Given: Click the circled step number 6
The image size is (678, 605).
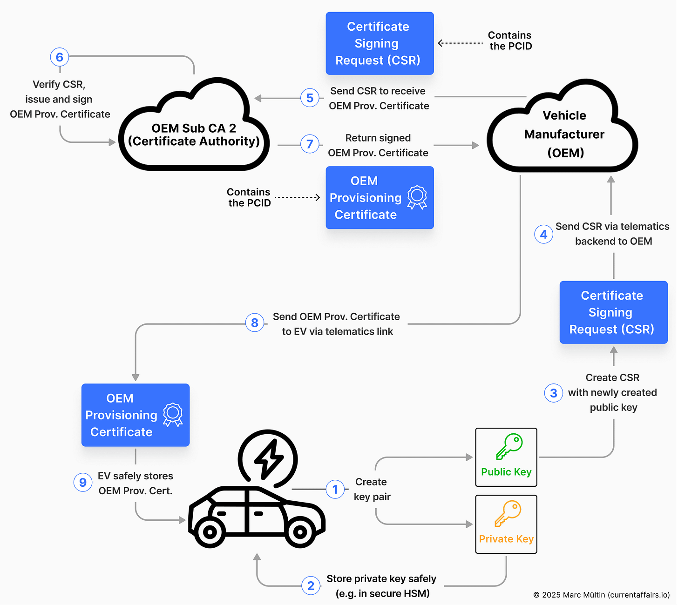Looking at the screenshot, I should [x=60, y=57].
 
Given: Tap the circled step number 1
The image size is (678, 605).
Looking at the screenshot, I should [x=335, y=489].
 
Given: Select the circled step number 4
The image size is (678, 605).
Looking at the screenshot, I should [x=543, y=234].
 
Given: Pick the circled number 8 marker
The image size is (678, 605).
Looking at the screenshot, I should [x=255, y=323].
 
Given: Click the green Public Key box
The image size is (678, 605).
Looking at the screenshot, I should [x=506, y=457].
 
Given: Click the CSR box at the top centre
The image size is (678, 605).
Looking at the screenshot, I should [x=380, y=43].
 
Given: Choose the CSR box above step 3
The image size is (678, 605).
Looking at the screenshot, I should [x=613, y=312].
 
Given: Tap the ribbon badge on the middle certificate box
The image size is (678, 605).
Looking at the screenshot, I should [x=417, y=197].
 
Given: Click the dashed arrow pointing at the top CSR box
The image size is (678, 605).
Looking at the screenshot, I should [x=460, y=43].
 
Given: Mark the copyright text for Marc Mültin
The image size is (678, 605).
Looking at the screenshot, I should [x=602, y=595].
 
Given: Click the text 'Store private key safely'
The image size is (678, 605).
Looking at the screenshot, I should [x=381, y=578].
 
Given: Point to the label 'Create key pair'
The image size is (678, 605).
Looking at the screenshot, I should [x=372, y=489].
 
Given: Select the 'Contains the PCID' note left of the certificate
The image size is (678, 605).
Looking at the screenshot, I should [x=249, y=197].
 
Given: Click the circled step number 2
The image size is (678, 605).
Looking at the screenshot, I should [x=311, y=585].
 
